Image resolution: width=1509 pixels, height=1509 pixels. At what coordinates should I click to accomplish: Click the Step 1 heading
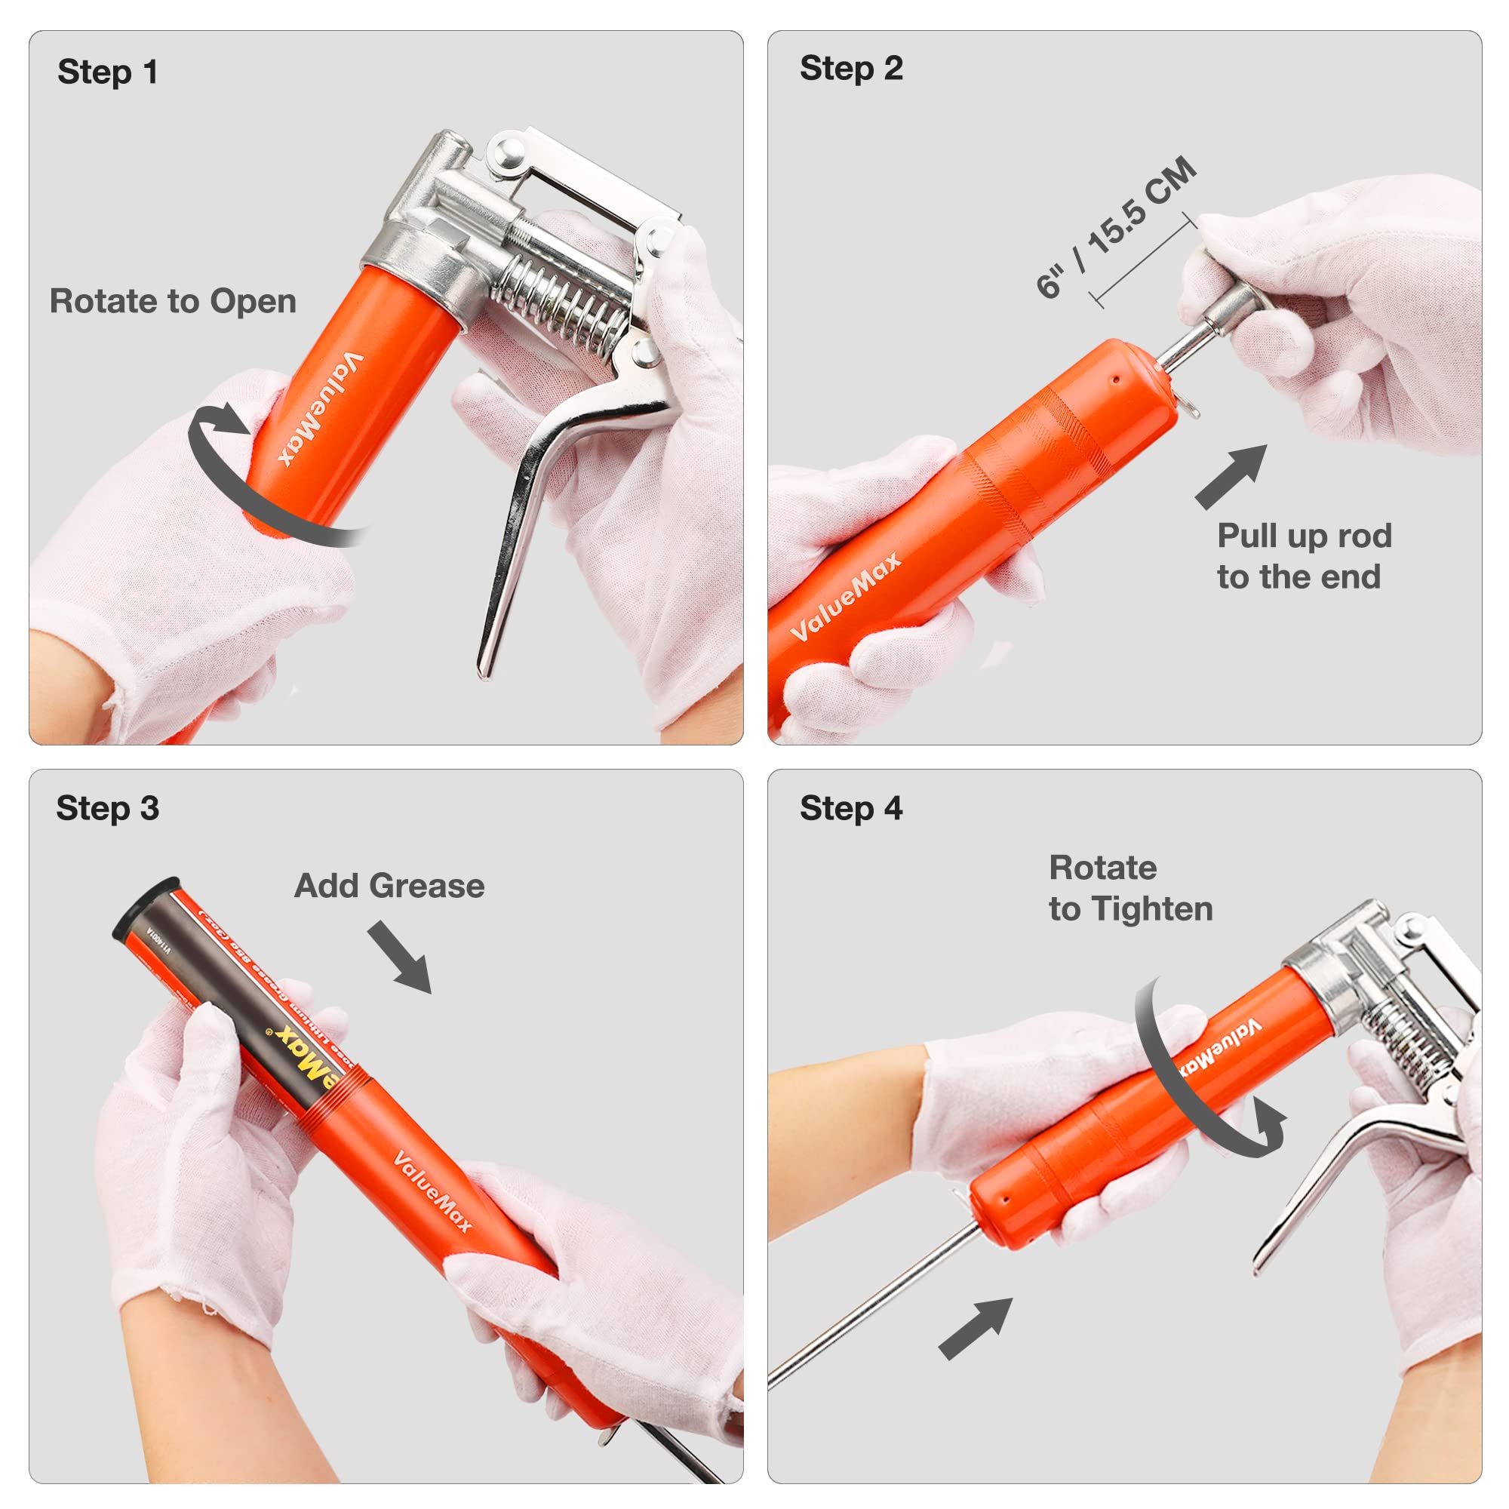[108, 72]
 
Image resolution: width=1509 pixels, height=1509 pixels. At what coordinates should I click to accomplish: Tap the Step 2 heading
[850, 69]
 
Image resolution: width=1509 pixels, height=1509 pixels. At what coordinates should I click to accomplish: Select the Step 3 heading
[108, 808]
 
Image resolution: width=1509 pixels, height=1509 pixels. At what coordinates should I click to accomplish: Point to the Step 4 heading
[850, 808]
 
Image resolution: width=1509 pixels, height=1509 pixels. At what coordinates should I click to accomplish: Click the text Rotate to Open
[173, 302]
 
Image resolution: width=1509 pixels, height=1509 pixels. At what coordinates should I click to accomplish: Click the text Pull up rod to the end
[1304, 557]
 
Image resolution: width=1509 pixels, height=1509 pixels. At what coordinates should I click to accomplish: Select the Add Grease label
[389, 886]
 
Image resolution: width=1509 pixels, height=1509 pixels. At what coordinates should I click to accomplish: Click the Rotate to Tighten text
[1129, 889]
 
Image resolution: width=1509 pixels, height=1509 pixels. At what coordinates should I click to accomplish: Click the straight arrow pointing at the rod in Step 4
[976, 1329]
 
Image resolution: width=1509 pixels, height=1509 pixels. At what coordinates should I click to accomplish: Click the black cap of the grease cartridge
[145, 907]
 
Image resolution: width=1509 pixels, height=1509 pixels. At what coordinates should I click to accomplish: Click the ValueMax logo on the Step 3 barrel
[432, 1192]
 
